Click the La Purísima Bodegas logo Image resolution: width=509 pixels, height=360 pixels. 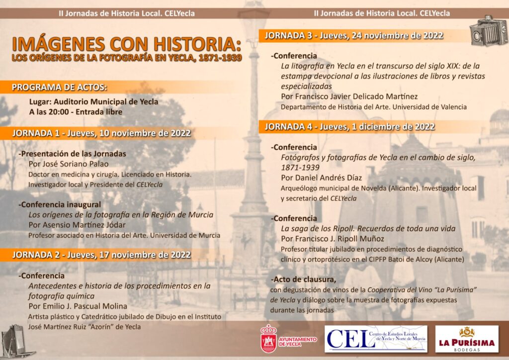466,339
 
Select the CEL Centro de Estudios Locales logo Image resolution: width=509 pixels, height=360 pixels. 376,339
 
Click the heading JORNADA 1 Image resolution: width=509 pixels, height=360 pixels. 101,133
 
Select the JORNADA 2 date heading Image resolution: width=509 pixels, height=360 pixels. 101,255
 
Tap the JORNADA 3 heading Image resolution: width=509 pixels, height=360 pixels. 353,35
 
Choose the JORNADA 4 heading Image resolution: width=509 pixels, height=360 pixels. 349,127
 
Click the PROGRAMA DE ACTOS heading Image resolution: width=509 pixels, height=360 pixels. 60,88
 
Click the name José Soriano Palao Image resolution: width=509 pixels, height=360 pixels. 76,164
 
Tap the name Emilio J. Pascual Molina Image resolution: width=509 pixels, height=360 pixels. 78,306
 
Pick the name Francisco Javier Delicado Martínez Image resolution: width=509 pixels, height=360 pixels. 349,96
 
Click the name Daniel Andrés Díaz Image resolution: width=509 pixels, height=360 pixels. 321,178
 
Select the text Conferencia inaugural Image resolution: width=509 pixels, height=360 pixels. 60,204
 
